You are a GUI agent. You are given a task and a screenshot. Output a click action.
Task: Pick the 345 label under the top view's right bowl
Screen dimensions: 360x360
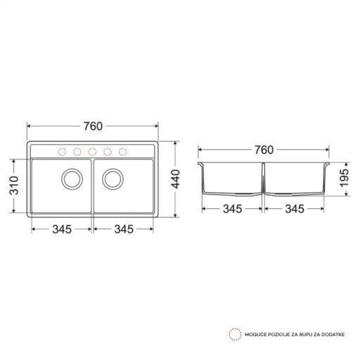(124, 229)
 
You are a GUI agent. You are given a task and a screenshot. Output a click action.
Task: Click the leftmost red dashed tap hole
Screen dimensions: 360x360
(62, 151)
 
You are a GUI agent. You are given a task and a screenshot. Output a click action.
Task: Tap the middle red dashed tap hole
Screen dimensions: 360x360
(93, 151)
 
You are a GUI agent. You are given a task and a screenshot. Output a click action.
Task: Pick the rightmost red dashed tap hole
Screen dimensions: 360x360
(124, 151)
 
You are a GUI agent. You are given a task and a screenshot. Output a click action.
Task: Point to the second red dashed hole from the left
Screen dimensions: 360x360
(77, 151)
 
